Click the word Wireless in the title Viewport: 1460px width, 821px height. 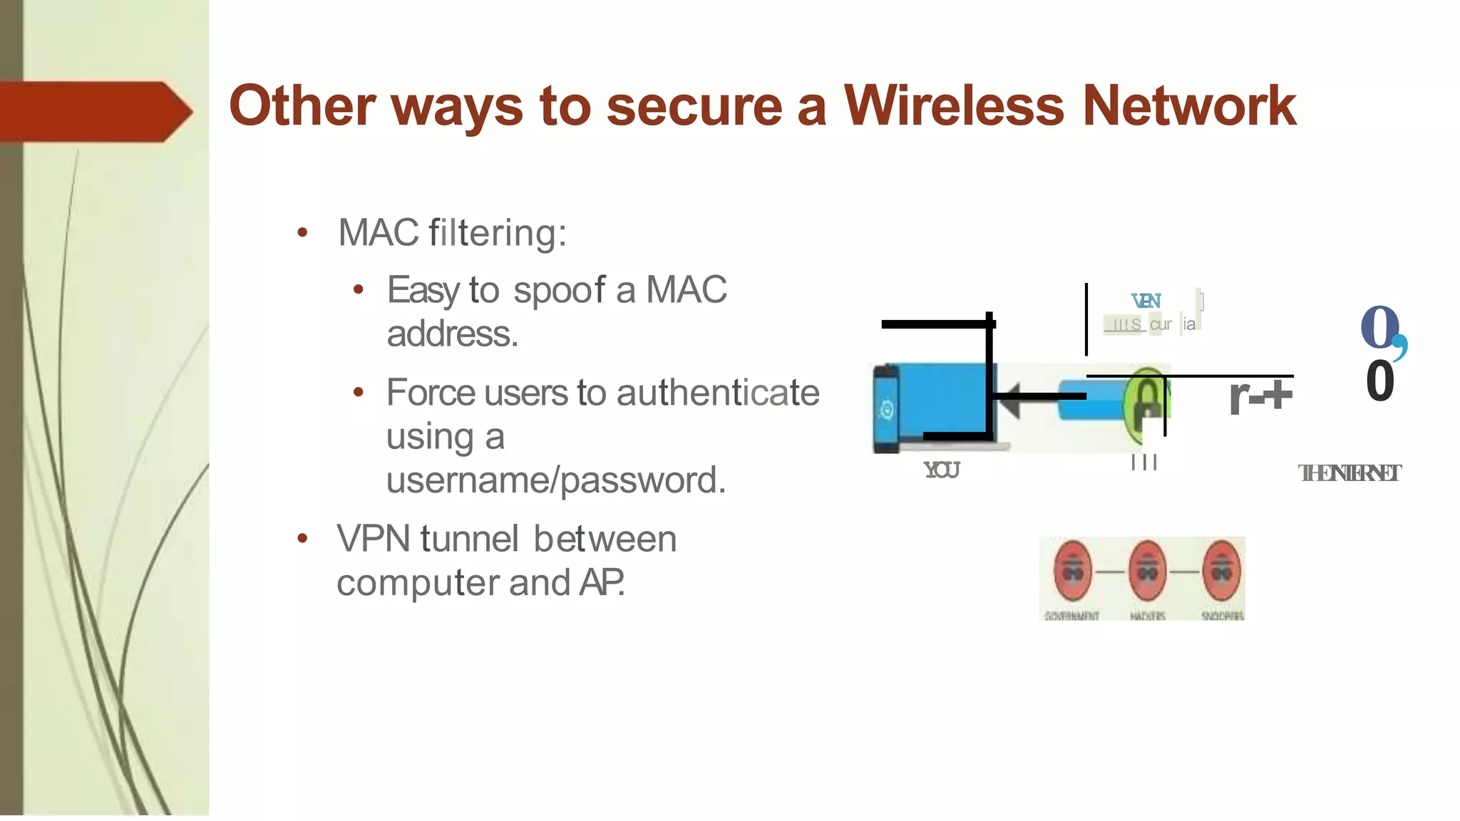[954, 105]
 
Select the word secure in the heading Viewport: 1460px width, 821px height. [694, 105]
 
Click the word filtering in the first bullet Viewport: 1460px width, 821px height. [497, 232]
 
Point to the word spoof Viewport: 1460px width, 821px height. [559, 290]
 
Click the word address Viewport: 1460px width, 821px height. [452, 334]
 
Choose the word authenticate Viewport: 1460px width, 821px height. [718, 393]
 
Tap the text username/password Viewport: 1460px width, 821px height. [556, 480]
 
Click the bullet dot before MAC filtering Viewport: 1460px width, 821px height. [302, 232]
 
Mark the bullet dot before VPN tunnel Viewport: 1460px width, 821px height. [302, 539]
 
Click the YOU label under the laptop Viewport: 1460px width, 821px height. [942, 470]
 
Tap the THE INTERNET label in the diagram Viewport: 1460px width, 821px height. [1350, 473]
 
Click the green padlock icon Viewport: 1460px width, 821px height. [1145, 405]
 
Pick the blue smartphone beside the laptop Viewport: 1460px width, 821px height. [886, 409]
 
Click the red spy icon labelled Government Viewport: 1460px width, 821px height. [1073, 571]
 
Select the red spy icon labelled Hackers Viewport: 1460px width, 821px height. [1147, 571]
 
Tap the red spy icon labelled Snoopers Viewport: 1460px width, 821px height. [1222, 571]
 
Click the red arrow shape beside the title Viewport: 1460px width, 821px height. [96, 111]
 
